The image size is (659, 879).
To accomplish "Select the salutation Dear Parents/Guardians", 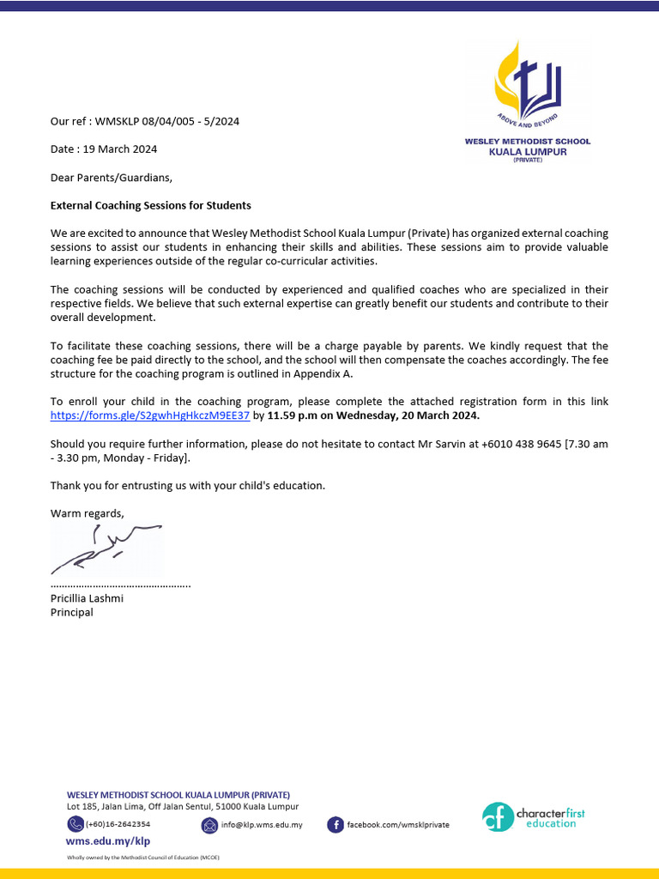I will (112, 178).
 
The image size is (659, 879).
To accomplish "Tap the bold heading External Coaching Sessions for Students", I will (151, 205).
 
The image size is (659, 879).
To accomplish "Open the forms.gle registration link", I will (150, 415).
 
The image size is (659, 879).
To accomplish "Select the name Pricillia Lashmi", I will (87, 597).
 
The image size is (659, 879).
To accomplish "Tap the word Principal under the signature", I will (72, 612).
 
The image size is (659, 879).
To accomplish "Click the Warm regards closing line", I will (87, 513).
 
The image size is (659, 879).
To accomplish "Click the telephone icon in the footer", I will (76, 824).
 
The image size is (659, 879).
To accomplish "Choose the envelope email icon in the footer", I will (209, 825).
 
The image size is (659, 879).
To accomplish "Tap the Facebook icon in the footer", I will (336, 825).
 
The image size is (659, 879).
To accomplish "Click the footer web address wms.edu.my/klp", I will (108, 841).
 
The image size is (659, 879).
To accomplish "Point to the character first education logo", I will (533, 816).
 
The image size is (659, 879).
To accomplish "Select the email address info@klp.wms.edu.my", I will (262, 825).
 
